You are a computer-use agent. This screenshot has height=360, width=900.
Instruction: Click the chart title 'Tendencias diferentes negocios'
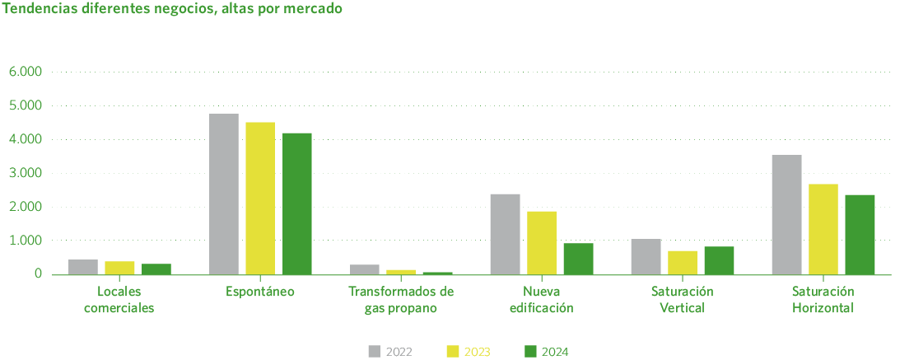(173, 10)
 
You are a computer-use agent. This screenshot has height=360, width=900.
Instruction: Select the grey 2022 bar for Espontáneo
(224, 194)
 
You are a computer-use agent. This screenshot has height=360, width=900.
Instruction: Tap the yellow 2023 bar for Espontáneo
(260, 198)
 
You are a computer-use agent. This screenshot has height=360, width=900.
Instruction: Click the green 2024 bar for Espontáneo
(297, 203)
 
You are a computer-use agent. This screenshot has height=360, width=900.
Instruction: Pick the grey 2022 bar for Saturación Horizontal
(786, 214)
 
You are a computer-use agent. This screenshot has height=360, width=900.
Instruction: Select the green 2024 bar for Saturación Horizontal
(860, 235)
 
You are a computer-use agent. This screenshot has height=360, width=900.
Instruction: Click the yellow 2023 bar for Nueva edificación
(542, 242)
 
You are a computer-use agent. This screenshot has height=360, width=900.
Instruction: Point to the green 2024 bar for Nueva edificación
(578, 259)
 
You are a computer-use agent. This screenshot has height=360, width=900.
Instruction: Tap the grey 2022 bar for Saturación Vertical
(646, 256)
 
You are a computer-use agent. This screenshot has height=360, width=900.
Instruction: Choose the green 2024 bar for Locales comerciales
(156, 269)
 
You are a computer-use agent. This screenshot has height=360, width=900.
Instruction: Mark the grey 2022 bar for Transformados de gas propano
(365, 269)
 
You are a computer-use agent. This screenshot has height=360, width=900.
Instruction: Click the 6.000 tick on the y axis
(26, 72)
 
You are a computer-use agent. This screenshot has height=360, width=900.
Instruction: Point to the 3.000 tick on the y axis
(26, 173)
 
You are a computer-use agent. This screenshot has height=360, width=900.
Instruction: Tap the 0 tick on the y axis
(37, 274)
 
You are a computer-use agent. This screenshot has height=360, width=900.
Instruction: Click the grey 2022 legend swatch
(375, 352)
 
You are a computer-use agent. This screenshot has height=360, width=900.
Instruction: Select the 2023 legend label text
(478, 352)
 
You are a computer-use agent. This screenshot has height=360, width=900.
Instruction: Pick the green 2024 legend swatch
(531, 352)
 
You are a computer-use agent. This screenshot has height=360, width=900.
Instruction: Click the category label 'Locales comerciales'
(119, 300)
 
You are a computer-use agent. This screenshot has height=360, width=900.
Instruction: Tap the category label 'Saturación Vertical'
(682, 300)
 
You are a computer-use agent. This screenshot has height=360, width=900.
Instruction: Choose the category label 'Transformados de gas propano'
(401, 300)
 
